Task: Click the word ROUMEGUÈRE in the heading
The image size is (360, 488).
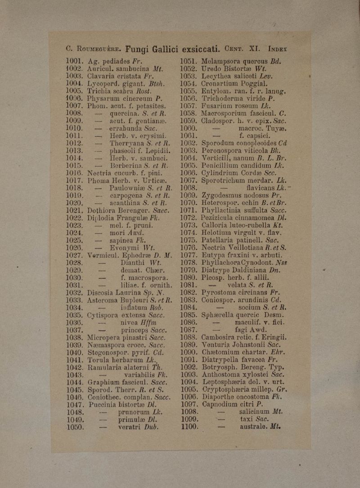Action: [94, 48]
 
